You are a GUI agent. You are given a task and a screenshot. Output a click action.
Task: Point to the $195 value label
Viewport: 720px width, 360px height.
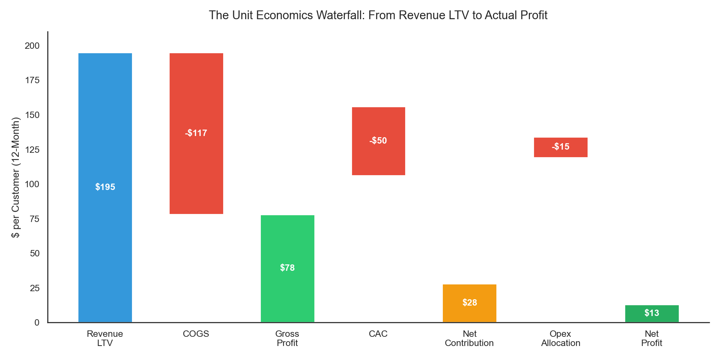click(x=105, y=187)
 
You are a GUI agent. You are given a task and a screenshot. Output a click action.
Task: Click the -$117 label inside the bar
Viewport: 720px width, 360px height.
click(x=196, y=133)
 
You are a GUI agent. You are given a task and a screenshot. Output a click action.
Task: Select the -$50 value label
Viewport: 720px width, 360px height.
click(x=378, y=141)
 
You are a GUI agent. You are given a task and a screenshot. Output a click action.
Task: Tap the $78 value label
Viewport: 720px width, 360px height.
click(x=287, y=268)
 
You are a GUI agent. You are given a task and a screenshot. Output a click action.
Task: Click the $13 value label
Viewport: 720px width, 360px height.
click(x=652, y=313)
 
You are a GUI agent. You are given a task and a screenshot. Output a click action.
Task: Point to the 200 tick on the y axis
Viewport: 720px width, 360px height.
click(x=32, y=46)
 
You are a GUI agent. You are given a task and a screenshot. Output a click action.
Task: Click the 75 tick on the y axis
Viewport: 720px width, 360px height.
click(x=35, y=219)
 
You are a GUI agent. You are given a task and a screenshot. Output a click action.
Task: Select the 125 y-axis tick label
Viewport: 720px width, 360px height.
click(x=32, y=150)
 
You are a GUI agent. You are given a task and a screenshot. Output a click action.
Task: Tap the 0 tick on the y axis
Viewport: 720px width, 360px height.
click(x=37, y=322)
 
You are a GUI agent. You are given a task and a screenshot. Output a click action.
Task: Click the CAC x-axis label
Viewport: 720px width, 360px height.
click(x=378, y=334)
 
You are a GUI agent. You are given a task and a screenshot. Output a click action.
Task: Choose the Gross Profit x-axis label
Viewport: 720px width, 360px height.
click(x=287, y=338)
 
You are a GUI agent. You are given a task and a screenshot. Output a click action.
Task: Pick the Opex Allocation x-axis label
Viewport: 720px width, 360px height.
click(x=560, y=338)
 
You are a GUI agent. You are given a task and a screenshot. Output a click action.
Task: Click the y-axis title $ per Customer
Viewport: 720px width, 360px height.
click(x=16, y=177)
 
